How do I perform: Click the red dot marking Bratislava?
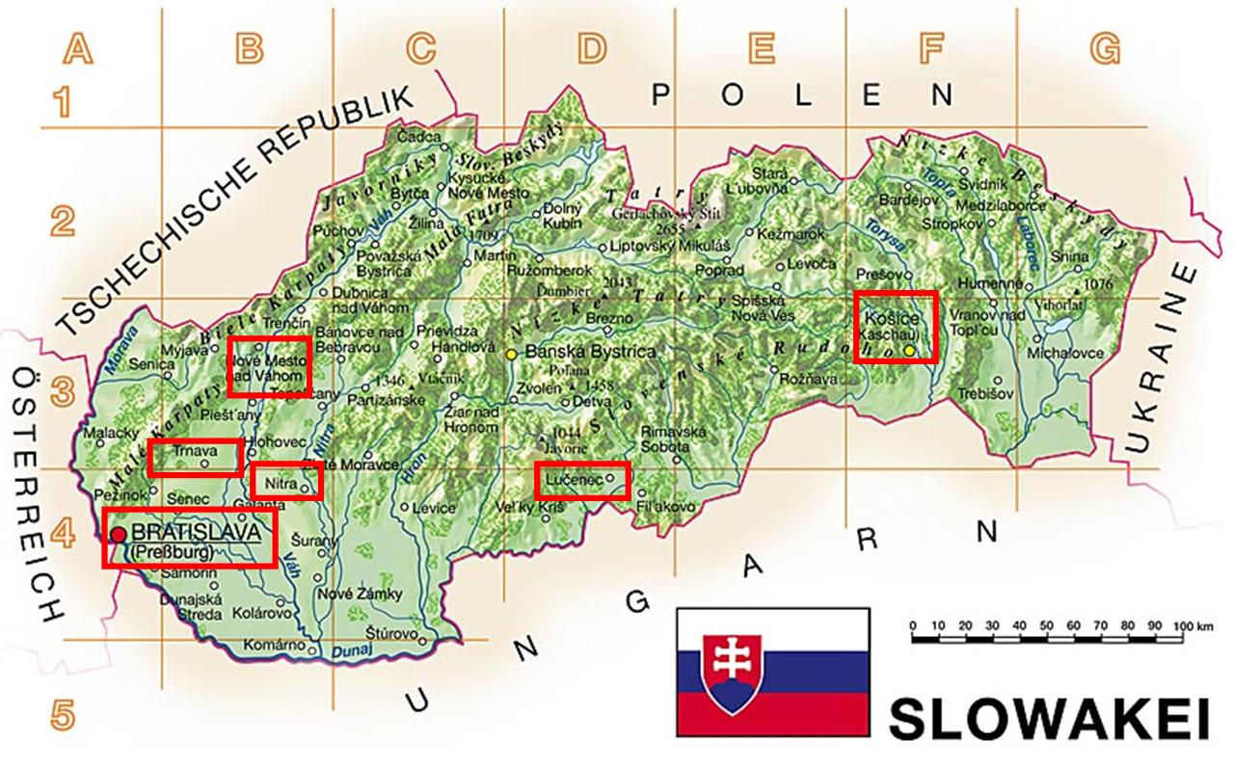[x=118, y=535]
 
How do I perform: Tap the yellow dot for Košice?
[x=909, y=349]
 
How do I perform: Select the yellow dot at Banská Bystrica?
[x=512, y=354]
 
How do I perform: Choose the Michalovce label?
[x=1065, y=353]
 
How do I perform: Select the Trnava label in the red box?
[x=190, y=450]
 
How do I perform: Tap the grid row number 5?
[x=62, y=716]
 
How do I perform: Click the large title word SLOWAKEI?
[x=1048, y=719]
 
